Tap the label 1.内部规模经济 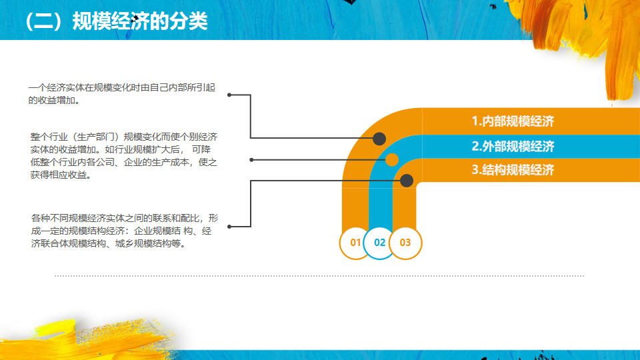point(513,121)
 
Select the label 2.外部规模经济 point(513,146)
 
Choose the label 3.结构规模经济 point(513,170)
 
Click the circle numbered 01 point(355,243)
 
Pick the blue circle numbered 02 point(380,243)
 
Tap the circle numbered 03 point(405,243)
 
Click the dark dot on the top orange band point(379,139)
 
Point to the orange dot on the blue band point(392,159)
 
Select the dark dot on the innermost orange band point(407,180)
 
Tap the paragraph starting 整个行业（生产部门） point(124,156)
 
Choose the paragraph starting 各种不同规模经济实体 point(124,231)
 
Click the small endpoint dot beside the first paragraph point(229,95)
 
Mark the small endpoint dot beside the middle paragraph point(251,159)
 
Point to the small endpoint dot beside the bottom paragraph point(229,227)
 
